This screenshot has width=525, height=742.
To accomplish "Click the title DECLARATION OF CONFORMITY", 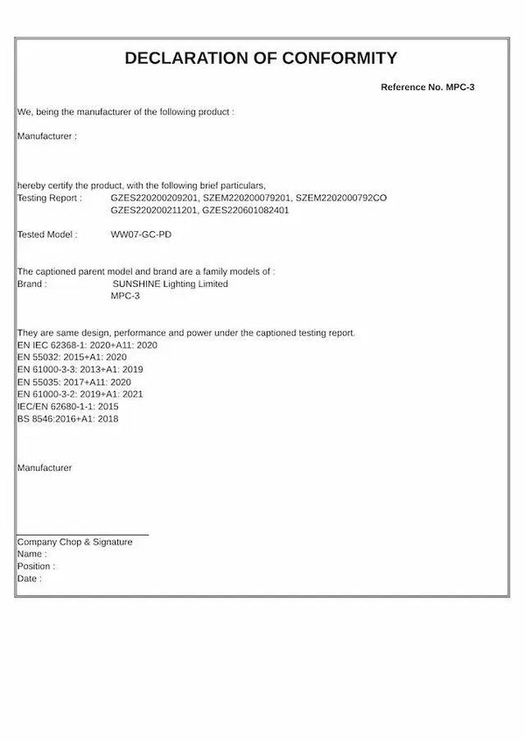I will [261, 59].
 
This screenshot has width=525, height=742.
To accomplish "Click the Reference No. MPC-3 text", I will [427, 87].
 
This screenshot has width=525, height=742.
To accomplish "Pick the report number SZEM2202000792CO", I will [340, 199].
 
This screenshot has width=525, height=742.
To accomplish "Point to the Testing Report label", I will [49, 199].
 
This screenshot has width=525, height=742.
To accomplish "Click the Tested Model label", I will [47, 235].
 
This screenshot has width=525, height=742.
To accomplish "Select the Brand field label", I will [31, 284].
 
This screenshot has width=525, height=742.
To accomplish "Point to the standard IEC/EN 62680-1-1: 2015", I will [67, 407].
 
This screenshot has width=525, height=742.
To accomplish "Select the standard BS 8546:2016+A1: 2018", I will [67, 419].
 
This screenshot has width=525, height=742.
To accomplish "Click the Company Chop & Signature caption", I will [75, 542].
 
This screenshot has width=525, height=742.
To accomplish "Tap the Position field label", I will [35, 567].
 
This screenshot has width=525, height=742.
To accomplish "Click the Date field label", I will [29, 579].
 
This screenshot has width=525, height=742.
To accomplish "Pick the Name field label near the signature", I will [31, 555].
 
